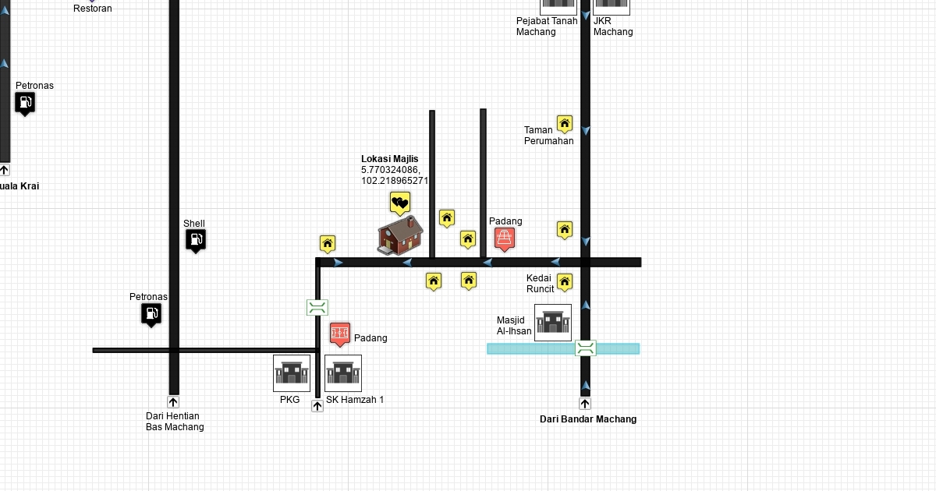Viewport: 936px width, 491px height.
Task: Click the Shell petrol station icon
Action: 196,241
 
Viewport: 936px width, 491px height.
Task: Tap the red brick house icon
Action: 400,235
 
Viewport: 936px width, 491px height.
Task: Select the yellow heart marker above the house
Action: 400,203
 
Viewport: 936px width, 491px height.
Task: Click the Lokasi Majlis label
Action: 389,159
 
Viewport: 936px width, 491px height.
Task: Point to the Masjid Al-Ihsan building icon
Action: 553,323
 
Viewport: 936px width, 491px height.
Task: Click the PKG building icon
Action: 292,373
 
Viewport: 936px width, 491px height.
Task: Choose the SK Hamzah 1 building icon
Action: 343,373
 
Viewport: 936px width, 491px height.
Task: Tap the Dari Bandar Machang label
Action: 588,419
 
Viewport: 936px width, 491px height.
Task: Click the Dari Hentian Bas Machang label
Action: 175,422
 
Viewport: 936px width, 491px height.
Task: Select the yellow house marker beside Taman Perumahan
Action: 565,124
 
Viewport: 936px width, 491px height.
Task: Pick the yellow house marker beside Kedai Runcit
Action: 565,282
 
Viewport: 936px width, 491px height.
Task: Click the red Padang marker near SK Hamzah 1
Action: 339,334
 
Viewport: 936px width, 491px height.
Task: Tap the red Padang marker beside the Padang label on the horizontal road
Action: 505,238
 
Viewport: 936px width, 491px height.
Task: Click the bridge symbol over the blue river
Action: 586,348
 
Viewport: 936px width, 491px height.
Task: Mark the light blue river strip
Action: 530,348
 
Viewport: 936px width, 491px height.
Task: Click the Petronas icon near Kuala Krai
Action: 25,103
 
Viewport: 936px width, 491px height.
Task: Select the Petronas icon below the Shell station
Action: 151,314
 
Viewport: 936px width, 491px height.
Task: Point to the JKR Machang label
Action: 612,26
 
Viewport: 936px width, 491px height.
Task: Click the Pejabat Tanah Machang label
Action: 547,26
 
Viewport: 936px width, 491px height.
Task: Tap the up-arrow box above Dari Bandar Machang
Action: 585,404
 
